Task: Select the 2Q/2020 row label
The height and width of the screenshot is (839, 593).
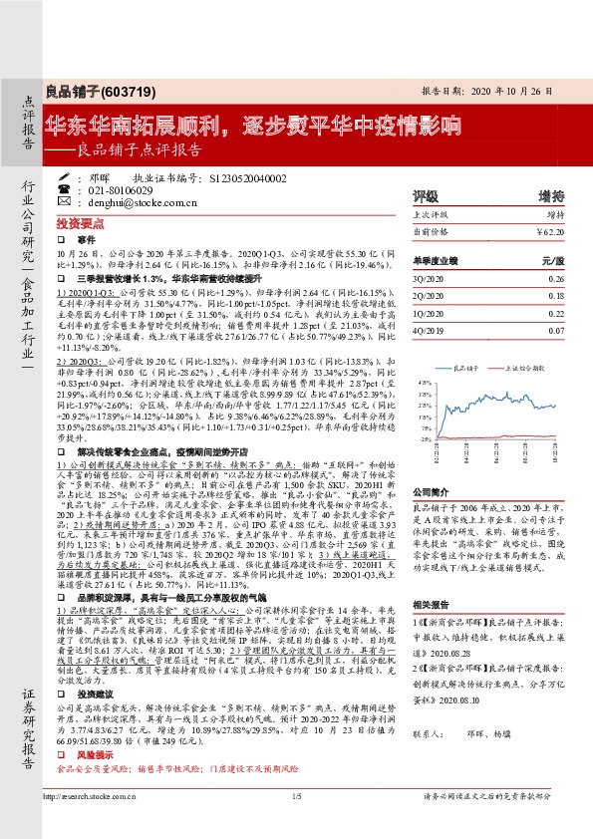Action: click(x=428, y=296)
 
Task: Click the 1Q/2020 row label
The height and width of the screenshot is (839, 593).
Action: click(x=428, y=313)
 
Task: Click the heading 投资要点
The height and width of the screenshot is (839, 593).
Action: click(x=77, y=224)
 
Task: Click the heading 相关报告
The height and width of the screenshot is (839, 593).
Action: click(x=432, y=634)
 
